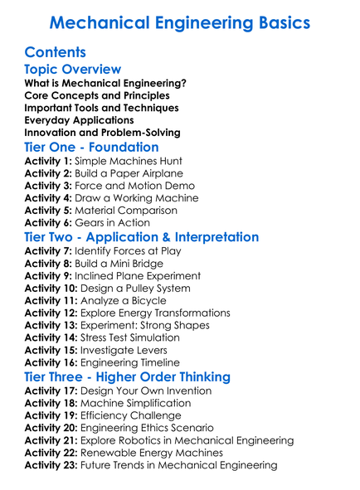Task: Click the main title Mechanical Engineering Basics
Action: point(180,22)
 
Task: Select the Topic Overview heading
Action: point(73,70)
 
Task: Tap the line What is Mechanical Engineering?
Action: point(105,83)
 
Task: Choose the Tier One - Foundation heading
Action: point(91,147)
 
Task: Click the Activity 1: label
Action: point(49,161)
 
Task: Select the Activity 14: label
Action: point(52,338)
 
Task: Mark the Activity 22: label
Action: point(52,453)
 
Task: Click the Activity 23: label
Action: point(52,465)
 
